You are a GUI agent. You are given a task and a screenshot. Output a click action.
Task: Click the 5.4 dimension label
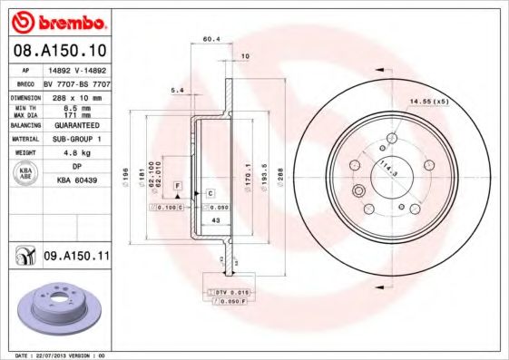point(178,91)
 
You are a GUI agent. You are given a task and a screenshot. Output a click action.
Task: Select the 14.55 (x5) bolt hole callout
point(429,102)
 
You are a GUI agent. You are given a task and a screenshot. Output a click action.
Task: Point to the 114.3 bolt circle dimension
point(387,168)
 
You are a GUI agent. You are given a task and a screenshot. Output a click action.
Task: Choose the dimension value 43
point(215,221)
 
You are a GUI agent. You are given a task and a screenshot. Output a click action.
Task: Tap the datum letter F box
point(178,185)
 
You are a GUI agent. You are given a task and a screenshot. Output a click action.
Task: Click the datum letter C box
point(210,193)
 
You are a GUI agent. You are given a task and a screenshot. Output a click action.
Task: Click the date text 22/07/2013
point(51,355)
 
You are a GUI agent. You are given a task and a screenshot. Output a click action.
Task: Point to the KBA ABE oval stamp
point(26,173)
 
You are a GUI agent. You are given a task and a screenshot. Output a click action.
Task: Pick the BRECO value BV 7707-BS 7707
point(76,82)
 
